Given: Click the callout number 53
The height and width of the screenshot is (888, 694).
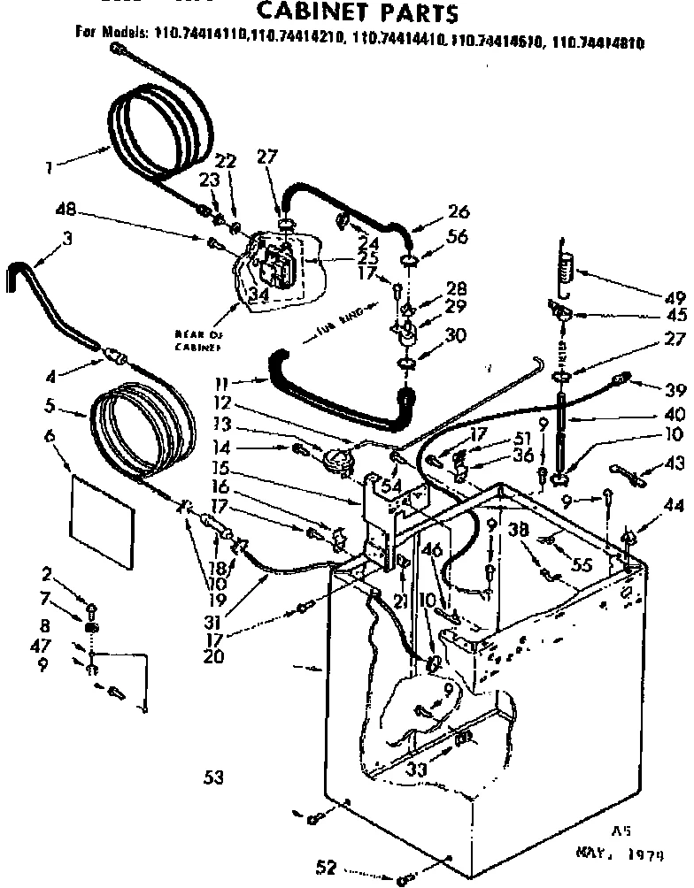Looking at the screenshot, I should [212, 778].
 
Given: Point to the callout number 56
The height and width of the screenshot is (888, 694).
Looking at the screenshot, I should [458, 236].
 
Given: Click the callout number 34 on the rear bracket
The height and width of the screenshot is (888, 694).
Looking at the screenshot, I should [258, 295].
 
